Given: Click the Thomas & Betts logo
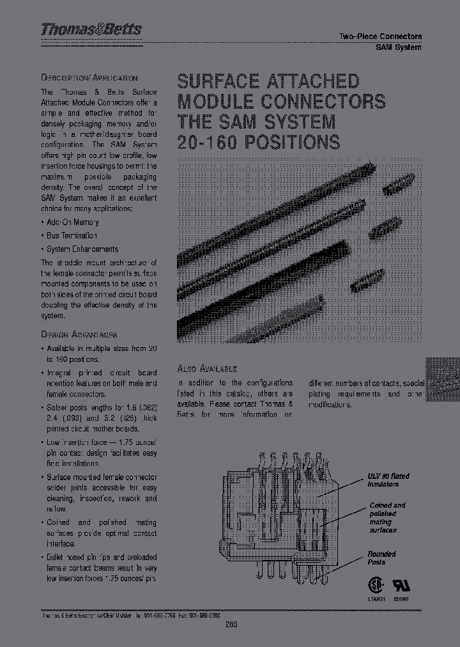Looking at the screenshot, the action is [x=91, y=29].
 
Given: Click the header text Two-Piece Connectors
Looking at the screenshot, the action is [x=379, y=36].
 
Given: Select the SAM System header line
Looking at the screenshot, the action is [x=398, y=47].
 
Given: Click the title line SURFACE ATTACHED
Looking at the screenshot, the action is [x=268, y=81].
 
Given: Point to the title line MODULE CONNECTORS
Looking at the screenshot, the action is [x=280, y=101].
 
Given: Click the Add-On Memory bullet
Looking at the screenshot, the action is [x=72, y=222].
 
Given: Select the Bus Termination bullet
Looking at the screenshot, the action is [x=72, y=236].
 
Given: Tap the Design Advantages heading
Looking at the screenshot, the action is [x=79, y=334].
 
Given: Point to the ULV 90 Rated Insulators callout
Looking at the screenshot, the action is [x=388, y=480].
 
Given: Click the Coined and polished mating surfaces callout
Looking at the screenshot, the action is [x=387, y=517].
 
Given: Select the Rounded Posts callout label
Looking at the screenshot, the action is [x=381, y=558].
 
